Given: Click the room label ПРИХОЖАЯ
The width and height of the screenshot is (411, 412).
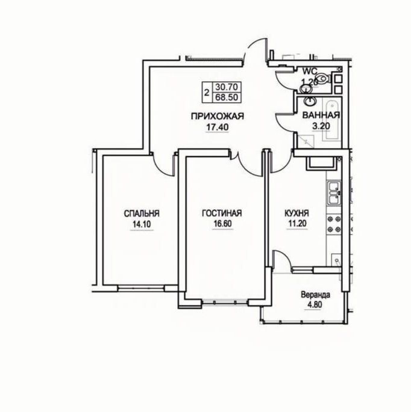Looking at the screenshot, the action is pyautogui.click(x=218, y=116).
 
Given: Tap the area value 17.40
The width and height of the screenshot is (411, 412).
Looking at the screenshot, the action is pyautogui.click(x=217, y=128).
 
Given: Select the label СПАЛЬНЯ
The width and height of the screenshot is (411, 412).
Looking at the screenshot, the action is pyautogui.click(x=142, y=214).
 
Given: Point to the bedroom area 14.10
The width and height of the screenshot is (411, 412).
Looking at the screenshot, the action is pyautogui.click(x=142, y=225).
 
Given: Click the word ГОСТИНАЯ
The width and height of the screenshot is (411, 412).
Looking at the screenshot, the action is pyautogui.click(x=222, y=213).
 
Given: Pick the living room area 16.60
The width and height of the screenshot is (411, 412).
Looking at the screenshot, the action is pyautogui.click(x=223, y=224).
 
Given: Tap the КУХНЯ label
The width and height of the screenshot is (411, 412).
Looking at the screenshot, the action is pyautogui.click(x=296, y=213).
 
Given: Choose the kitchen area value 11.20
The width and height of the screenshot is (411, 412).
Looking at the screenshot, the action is pyautogui.click(x=297, y=224).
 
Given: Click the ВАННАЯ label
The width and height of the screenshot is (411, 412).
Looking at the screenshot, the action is pyautogui.click(x=321, y=115).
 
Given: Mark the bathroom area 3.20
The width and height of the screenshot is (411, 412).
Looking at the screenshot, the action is pyautogui.click(x=321, y=126).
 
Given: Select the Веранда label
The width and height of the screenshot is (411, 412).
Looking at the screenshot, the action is pyautogui.click(x=315, y=295).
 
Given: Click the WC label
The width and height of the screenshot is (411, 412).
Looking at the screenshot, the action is pyautogui.click(x=310, y=71).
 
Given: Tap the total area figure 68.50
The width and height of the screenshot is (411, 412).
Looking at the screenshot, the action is pyautogui.click(x=227, y=97).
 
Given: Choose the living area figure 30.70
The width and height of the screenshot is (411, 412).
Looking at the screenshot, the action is pyautogui.click(x=227, y=87).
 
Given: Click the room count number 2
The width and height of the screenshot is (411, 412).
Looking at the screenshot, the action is pyautogui.click(x=207, y=93).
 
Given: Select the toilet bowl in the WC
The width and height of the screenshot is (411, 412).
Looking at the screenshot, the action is pyautogui.click(x=324, y=78).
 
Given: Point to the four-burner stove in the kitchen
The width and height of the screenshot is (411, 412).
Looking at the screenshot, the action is pyautogui.click(x=334, y=224).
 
